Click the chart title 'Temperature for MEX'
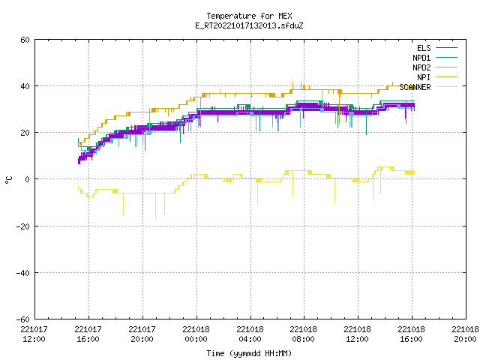pos(249,16)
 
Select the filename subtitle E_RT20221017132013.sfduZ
pos(249,25)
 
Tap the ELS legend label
pos(424,48)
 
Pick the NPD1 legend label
pos(421,58)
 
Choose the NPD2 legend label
pos(421,67)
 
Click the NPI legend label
pos(424,77)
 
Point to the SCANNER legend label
pos(415,87)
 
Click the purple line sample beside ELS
pos(446,48)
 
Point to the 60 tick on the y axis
pos(25,40)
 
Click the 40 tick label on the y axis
pos(25,86)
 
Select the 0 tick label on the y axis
pos(28,179)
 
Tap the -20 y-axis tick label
pos(23,226)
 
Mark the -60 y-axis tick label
pos(23,319)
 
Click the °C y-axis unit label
pos(8,180)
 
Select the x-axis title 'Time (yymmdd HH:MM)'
pos(249,353)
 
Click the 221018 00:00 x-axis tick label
pos(196,334)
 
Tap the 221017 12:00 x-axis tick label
pos(34,334)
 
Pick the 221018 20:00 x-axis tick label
pos(465,334)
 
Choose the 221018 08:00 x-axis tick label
pos(303,334)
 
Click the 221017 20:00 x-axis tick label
pos(142,334)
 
